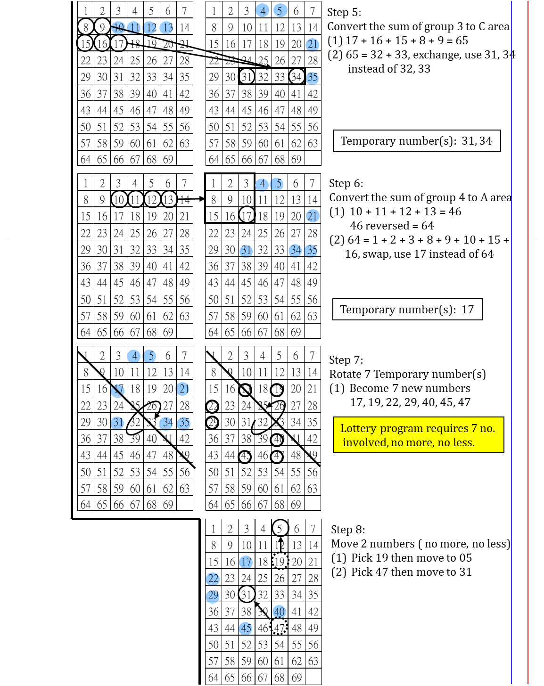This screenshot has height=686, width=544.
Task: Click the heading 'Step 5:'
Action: tap(345, 12)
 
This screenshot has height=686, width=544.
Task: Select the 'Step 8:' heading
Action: tap(348, 530)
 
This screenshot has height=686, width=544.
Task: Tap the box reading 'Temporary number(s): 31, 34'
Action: tap(417, 141)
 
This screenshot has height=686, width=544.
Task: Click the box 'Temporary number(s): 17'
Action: tap(407, 310)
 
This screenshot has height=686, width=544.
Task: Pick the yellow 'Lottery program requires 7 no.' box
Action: tap(418, 435)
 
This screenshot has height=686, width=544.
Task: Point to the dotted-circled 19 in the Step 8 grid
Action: tap(280, 562)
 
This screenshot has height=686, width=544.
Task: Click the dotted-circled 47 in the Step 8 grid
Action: tap(279, 628)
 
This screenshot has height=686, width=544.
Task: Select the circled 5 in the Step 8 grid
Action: tap(280, 529)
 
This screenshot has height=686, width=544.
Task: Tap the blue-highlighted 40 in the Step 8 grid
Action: tap(280, 612)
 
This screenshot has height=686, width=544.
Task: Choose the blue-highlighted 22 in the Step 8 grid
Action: tap(213, 579)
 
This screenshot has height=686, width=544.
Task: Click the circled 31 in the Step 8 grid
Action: tap(247, 595)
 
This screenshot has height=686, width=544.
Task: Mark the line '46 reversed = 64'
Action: tap(392, 226)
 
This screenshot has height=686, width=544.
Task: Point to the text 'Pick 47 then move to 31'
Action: tap(411, 572)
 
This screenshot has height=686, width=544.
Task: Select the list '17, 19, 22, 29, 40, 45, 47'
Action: tap(410, 402)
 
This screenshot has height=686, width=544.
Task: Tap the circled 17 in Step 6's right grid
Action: tap(247, 216)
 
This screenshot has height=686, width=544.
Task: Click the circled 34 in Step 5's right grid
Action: tap(297, 77)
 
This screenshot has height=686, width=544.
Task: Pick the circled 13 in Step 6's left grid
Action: tap(168, 200)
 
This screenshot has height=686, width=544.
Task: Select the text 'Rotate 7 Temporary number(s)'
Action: tap(407, 374)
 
